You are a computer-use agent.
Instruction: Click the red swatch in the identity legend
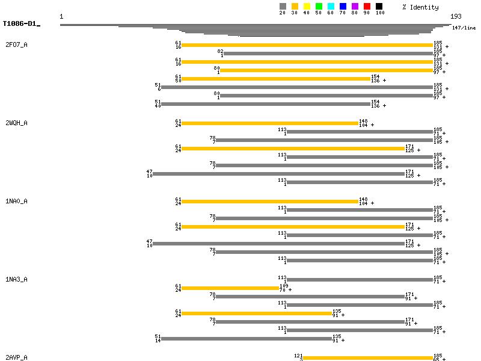click(367, 7)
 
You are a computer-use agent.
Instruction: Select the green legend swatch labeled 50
click(319, 7)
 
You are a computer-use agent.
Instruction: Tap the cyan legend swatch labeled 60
click(331, 7)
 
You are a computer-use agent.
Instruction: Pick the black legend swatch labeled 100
click(379, 7)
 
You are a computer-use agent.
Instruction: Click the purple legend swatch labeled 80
click(355, 7)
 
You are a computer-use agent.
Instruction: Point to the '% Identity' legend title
click(420, 7)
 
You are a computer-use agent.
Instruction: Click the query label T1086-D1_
click(21, 24)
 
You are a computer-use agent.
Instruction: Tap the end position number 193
click(456, 17)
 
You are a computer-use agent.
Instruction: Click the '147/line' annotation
click(464, 28)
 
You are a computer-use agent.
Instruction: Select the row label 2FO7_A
click(16, 45)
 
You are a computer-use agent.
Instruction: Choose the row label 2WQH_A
click(16, 123)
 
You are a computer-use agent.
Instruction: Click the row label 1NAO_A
click(16, 202)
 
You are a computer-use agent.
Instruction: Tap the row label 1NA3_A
click(16, 280)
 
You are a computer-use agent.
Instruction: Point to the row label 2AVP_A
click(16, 358)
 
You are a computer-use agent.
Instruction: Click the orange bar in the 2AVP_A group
click(367, 358)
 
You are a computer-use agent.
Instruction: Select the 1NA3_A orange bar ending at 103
click(230, 288)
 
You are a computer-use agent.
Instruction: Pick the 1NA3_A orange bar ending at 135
click(256, 313)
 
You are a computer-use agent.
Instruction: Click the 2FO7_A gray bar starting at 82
click(328, 54)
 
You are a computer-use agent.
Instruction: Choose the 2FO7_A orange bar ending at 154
click(275, 79)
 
